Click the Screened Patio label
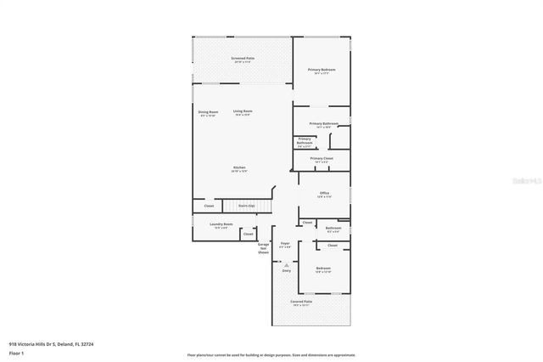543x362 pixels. [242, 59]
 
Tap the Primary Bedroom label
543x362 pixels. [322, 71]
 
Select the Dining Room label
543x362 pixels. [208, 113]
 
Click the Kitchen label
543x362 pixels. [240, 168]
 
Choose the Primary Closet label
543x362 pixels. [322, 159]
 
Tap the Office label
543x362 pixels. [324, 195]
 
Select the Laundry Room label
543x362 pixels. [222, 225]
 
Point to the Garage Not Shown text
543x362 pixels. [264, 248]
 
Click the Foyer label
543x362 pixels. [286, 245]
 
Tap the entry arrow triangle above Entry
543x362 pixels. [286, 265]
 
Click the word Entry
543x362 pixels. [286, 271]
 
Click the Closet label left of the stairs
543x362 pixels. [209, 206]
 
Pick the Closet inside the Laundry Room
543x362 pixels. [248, 235]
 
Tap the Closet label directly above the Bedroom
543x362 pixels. [333, 246]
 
